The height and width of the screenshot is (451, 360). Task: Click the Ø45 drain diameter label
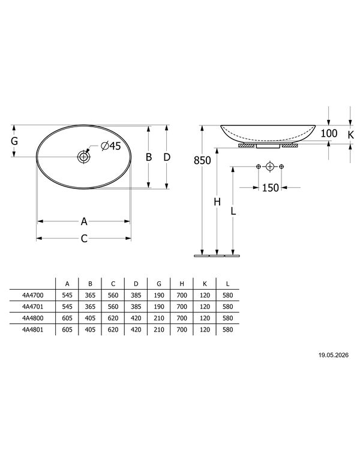(111, 146)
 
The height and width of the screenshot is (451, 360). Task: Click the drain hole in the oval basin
(83, 157)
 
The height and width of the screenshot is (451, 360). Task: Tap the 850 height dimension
(202, 160)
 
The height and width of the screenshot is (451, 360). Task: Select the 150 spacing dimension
(270, 188)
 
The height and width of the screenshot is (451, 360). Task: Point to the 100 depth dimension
(329, 133)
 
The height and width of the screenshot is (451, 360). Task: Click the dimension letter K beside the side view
(350, 134)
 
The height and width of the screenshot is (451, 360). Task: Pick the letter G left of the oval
(14, 141)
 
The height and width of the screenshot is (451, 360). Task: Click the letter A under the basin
(84, 221)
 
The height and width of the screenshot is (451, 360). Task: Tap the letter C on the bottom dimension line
(84, 239)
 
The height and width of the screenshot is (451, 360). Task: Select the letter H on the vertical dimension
(217, 202)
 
